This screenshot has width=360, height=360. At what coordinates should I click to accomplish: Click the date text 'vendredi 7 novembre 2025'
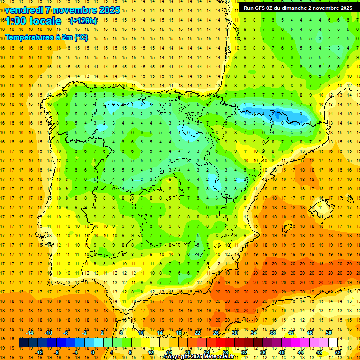62,10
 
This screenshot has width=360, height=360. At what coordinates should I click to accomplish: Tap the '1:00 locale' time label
33,21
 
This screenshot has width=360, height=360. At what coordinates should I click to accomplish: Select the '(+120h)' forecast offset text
83,21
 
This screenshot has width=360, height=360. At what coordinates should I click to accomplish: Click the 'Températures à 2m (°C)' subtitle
46,37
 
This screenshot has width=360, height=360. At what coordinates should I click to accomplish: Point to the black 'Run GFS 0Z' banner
298,8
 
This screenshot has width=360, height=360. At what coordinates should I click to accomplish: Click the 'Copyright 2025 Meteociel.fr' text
199,357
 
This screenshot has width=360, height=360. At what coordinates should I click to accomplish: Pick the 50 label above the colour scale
329,333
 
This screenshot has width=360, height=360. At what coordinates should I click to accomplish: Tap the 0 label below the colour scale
92,352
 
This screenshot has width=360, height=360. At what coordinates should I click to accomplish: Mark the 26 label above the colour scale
216,333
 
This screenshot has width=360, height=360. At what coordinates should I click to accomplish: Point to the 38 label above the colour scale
272,333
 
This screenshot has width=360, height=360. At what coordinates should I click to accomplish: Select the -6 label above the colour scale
66,333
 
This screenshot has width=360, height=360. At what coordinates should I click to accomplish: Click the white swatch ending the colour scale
333,343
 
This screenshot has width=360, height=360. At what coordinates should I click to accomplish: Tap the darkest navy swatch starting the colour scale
23,343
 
